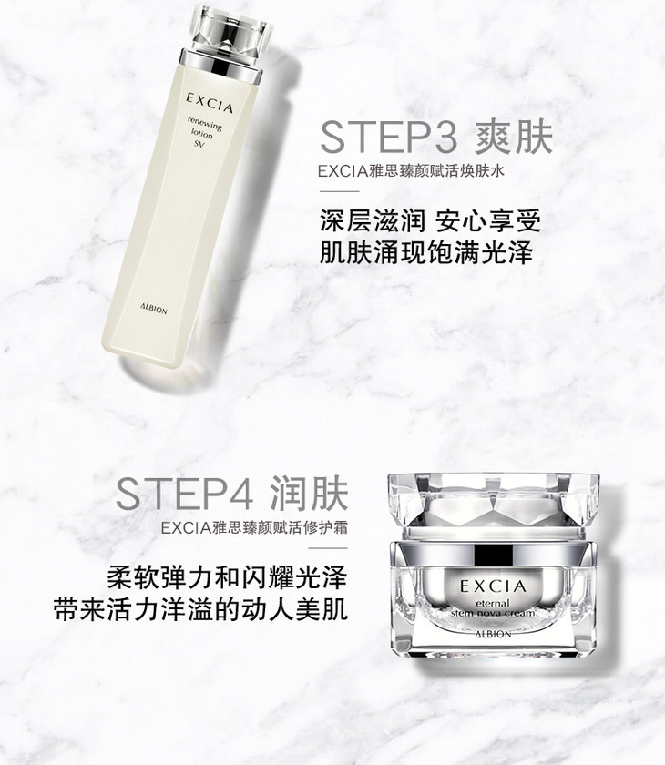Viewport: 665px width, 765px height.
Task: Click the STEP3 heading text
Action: (x=389, y=138)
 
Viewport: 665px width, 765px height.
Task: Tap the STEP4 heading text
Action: (x=184, y=494)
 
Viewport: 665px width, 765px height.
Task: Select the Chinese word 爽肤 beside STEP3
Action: (x=514, y=138)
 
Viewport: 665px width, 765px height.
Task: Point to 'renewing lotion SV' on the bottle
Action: (x=203, y=132)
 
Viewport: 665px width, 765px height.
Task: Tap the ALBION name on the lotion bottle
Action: (x=153, y=309)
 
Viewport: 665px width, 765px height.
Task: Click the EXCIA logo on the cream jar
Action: (x=494, y=586)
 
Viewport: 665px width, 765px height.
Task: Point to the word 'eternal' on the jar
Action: (x=493, y=603)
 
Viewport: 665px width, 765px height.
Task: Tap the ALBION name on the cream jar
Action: (x=493, y=634)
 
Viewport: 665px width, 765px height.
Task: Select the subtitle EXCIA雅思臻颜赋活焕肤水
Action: (x=411, y=171)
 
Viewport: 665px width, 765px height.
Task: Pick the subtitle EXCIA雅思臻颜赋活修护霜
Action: (x=254, y=528)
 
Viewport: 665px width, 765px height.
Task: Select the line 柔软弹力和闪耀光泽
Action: (x=228, y=577)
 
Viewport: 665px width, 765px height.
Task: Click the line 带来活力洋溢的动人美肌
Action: (x=201, y=609)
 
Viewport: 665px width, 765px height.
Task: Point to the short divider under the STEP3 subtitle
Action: (x=340, y=191)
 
